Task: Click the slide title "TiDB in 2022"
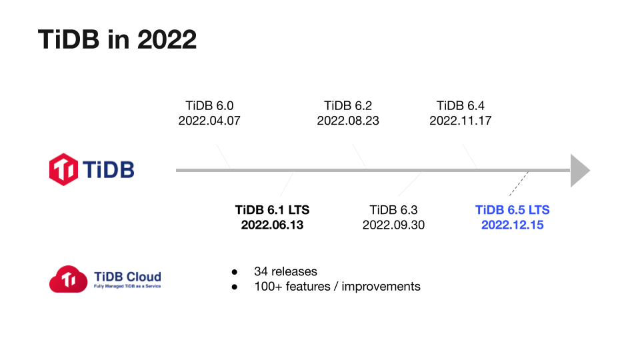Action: tap(117, 40)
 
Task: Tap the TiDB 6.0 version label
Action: tap(209, 105)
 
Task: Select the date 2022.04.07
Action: tap(209, 121)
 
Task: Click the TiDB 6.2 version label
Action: tap(348, 105)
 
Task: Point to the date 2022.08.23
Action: tap(348, 121)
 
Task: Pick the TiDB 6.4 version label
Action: tap(461, 105)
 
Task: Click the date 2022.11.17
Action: tap(461, 121)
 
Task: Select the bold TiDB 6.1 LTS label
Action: tap(272, 209)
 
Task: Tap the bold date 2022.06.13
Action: tap(272, 225)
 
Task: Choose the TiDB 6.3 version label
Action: tap(393, 209)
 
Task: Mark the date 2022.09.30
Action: tap(393, 225)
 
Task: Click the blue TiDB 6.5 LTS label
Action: tap(513, 209)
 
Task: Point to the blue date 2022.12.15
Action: tap(513, 225)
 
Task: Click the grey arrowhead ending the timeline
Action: tap(581, 170)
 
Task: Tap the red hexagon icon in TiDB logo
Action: tap(64, 169)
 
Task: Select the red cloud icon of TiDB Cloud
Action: tap(68, 279)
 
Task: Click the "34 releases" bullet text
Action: tap(285, 271)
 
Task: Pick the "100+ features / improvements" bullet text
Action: tap(337, 287)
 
